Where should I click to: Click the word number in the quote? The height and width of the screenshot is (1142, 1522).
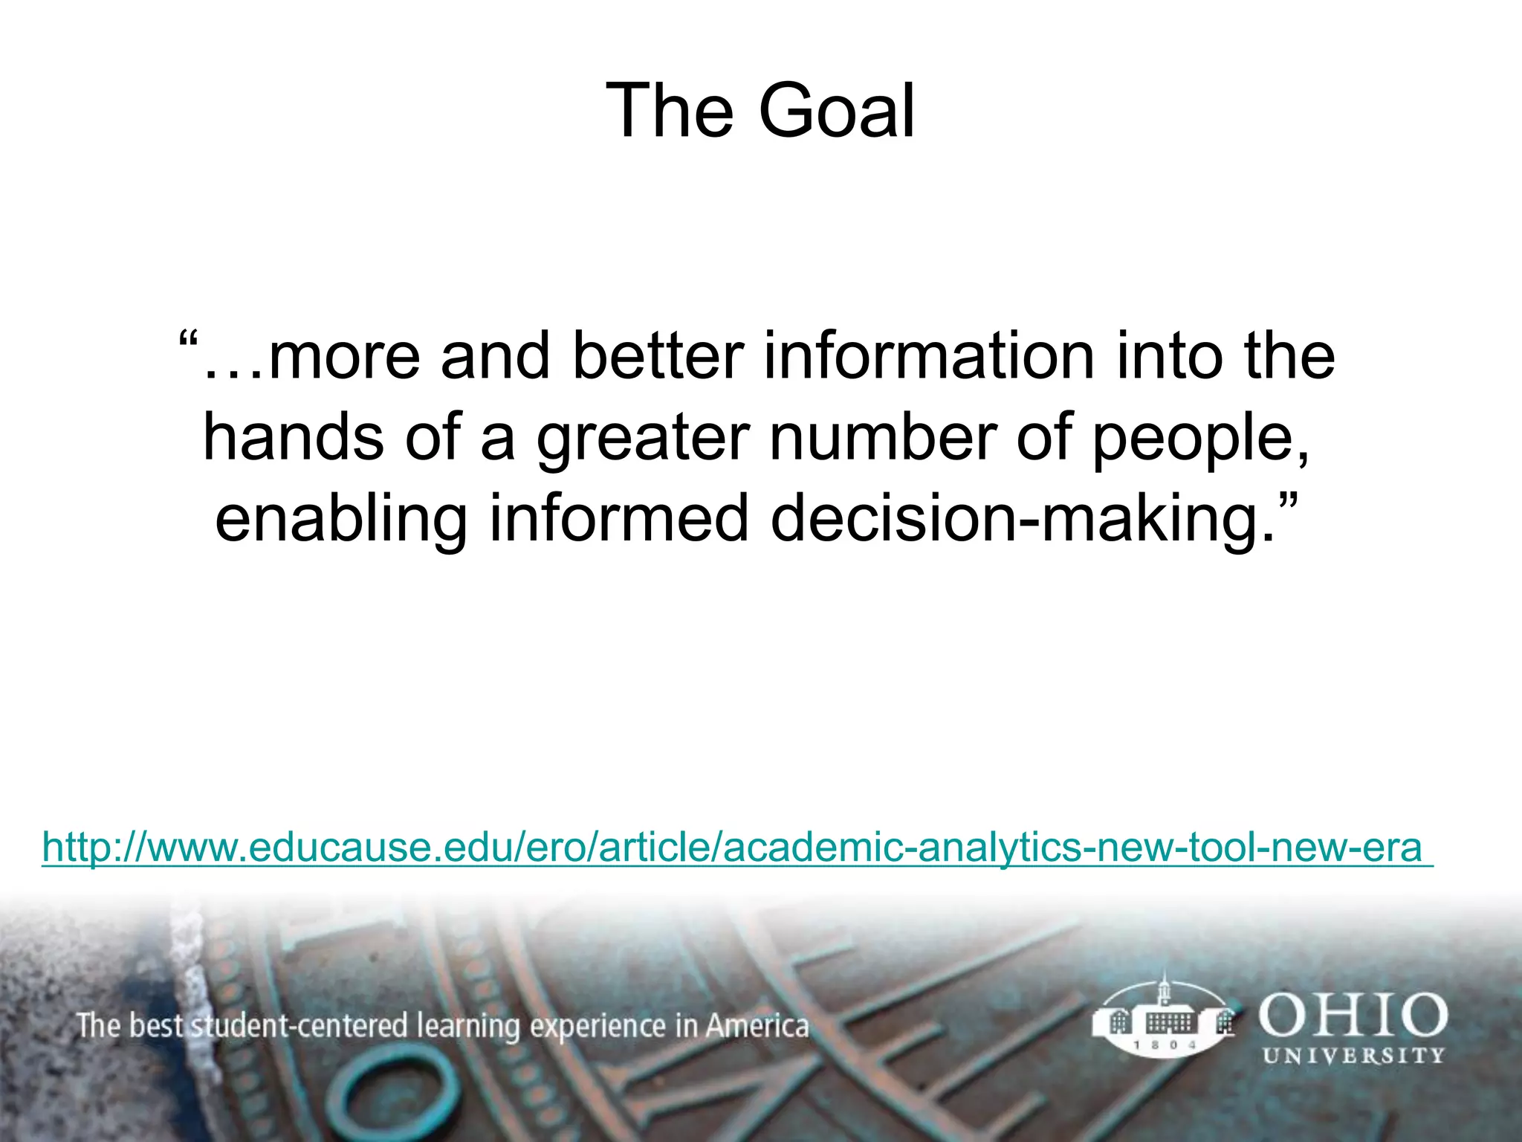tap(883, 437)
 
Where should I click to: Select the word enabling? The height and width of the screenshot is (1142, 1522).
tap(341, 519)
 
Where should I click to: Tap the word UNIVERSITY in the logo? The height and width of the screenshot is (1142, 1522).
tap(1353, 1056)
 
